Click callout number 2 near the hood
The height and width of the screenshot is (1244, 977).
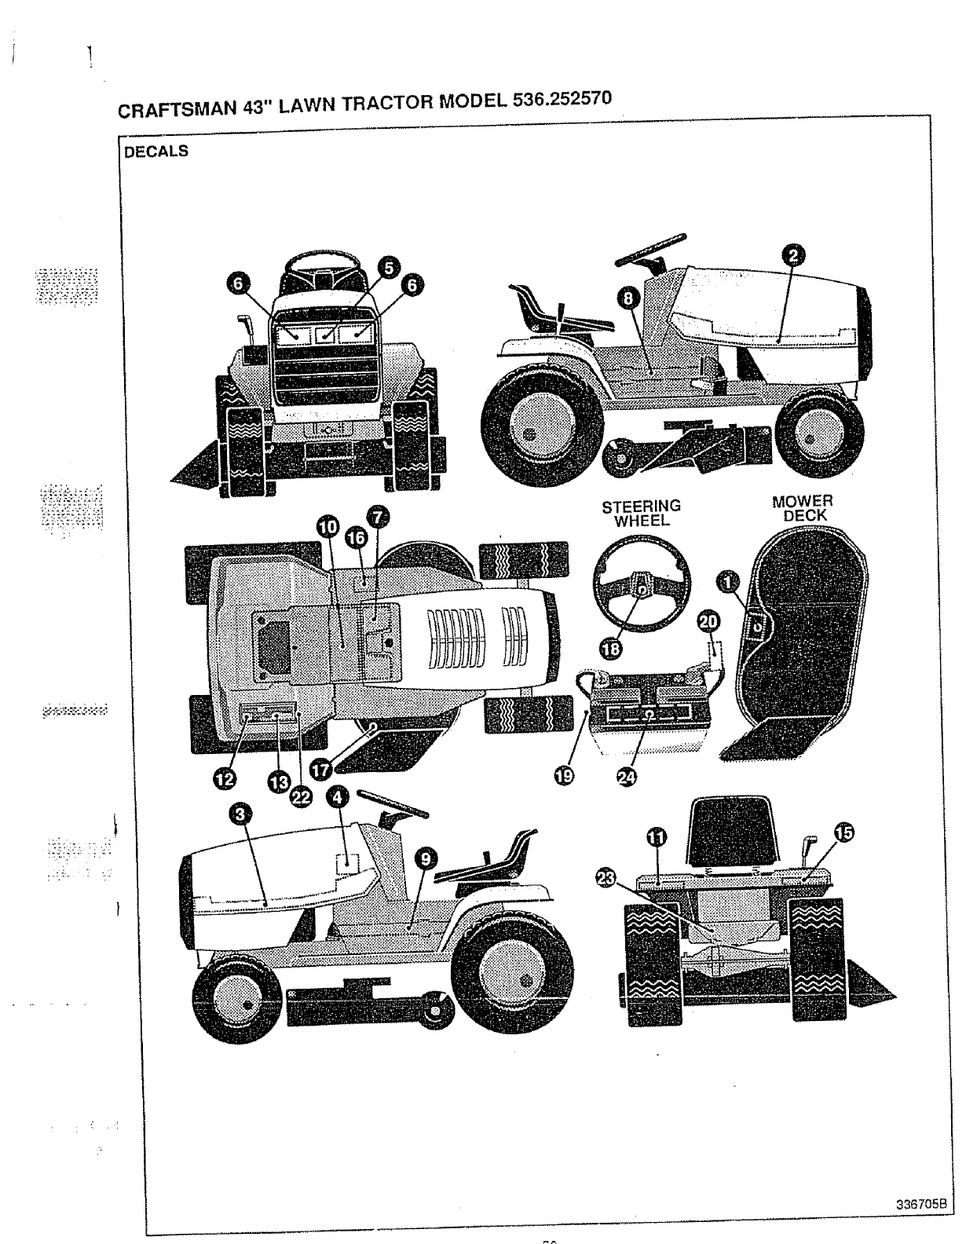click(793, 254)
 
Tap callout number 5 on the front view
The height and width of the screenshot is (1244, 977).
click(386, 267)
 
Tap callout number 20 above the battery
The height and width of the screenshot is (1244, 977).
click(708, 622)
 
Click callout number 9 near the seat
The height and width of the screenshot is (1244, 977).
click(425, 859)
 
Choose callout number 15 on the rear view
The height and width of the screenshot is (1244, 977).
click(842, 834)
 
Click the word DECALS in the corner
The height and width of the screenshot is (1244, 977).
click(156, 152)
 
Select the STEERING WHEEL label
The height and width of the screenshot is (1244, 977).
click(641, 513)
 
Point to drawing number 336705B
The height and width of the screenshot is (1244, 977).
click(921, 1205)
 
